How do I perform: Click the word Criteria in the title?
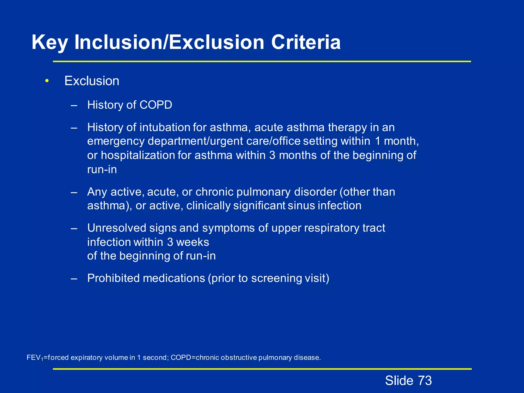click(x=306, y=42)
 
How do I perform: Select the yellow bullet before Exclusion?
click(x=47, y=81)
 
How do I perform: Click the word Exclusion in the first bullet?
click(x=92, y=81)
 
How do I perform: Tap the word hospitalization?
click(x=137, y=155)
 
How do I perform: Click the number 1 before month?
click(x=378, y=141)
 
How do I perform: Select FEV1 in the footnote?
click(x=35, y=358)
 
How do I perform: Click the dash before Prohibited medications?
click(x=74, y=278)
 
